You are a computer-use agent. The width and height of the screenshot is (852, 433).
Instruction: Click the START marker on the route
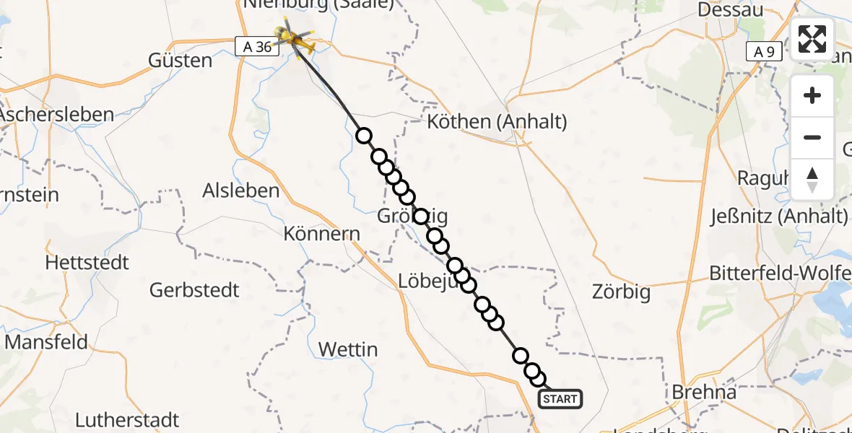pos(560,398)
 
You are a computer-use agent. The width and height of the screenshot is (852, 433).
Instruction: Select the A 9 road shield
pos(764,51)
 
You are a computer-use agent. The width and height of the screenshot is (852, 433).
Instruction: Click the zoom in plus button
pos(812,96)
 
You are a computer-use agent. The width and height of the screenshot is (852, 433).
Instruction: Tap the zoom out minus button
pos(812,137)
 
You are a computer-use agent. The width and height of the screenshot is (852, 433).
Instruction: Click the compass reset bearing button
pos(812,179)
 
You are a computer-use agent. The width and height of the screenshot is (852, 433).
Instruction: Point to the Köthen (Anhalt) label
pos(497,121)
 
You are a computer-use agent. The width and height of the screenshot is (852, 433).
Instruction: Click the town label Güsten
pos(180,60)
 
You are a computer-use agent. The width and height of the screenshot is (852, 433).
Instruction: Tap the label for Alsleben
pos(241,191)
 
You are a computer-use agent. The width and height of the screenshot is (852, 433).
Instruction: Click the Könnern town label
pos(322,234)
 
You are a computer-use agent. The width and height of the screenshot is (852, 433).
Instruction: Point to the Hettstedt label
pos(87,262)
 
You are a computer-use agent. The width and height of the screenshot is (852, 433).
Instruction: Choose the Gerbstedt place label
pos(194,290)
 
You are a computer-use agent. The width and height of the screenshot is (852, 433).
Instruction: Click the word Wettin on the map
pos(348,349)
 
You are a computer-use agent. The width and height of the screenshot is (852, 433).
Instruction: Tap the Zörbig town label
pos(621,292)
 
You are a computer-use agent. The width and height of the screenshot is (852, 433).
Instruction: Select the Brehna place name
pos(704,392)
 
